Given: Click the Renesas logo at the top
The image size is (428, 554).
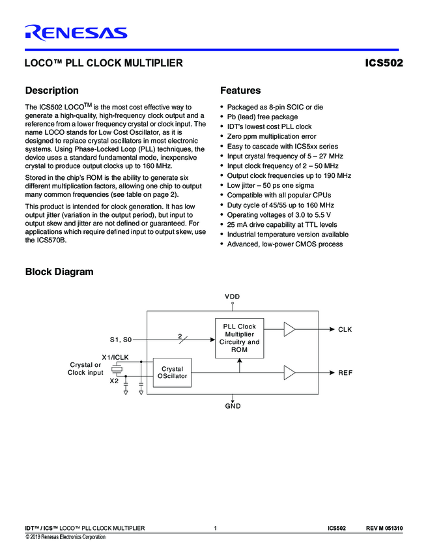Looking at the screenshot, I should click(76, 32).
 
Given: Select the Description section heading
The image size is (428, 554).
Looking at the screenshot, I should click(51, 91).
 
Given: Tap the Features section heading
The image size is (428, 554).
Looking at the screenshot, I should click(240, 91).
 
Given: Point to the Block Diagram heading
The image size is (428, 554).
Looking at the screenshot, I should click(59, 272).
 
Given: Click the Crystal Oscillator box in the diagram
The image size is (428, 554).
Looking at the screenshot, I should click(172, 372).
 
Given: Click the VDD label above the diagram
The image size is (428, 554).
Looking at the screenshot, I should click(233, 297).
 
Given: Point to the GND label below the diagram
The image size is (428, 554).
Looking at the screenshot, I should click(233, 406).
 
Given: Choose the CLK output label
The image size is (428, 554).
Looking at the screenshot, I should click(345, 330).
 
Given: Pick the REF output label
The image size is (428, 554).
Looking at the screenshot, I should click(345, 373).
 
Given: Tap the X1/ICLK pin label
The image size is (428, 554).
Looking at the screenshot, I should click(115, 357).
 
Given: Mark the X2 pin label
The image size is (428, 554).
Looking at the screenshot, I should click(114, 381).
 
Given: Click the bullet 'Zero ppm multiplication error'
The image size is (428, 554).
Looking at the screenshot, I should click(271, 136).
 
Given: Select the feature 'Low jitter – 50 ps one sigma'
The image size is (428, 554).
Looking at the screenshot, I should click(272, 185).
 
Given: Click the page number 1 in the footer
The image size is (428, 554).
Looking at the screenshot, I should click(214, 527).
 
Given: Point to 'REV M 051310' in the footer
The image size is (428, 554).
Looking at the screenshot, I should click(384, 527).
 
